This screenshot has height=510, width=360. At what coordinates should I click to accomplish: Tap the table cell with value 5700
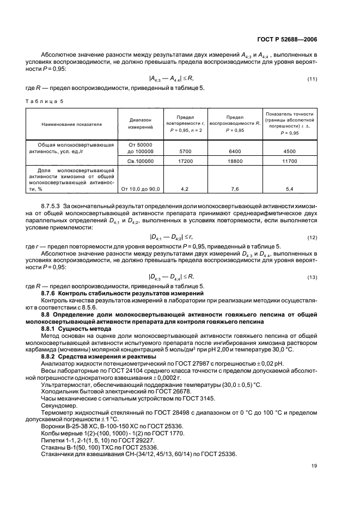click(187, 150)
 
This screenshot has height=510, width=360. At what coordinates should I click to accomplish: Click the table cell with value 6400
click(235, 150)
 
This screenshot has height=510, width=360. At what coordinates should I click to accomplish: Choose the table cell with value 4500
click(292, 150)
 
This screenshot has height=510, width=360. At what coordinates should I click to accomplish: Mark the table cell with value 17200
click(187, 161)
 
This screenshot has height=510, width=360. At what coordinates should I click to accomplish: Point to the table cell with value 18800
click(235, 161)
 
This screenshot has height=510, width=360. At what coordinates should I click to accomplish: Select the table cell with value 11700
click(292, 161)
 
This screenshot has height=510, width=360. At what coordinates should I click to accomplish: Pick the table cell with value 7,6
click(235, 189)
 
